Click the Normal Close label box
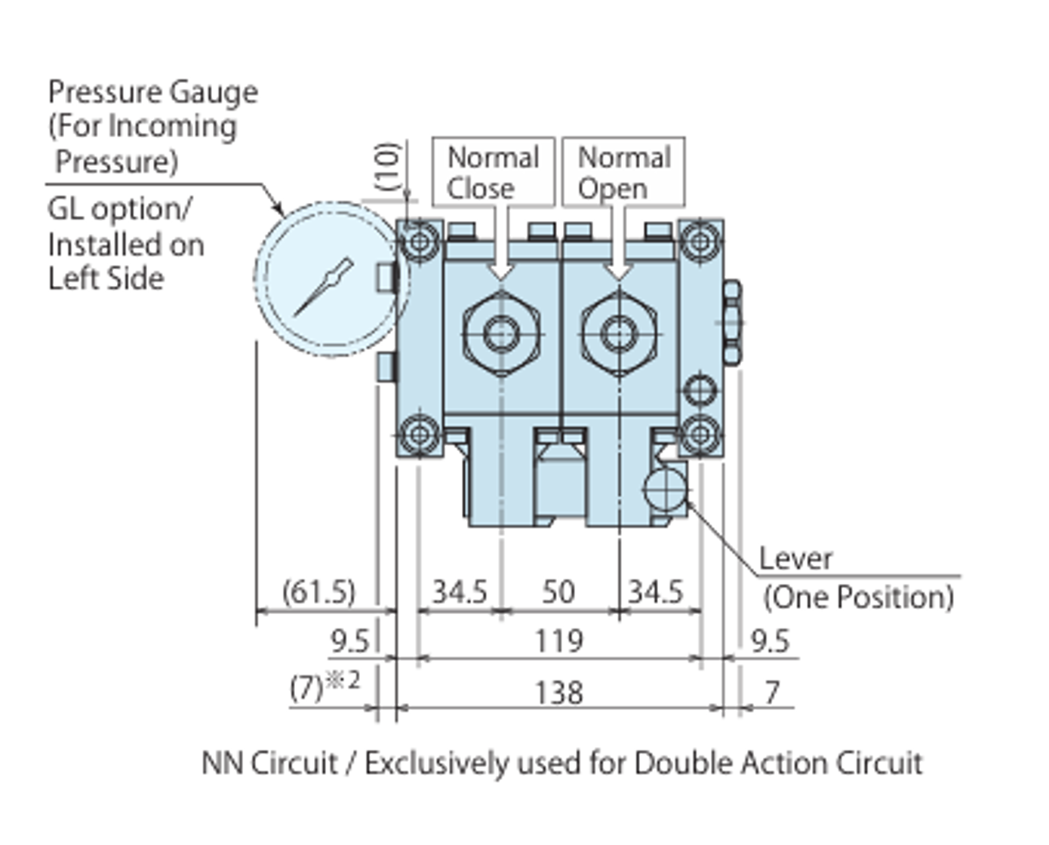click(x=493, y=172)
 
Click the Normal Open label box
click(x=623, y=172)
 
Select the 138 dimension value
click(x=558, y=693)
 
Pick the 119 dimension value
click(x=558, y=641)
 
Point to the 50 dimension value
click(x=558, y=591)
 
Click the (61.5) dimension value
click(x=318, y=591)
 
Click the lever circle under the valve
click(x=665, y=489)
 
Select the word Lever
click(x=795, y=559)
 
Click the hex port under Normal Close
click(x=502, y=333)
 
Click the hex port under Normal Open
click(x=620, y=333)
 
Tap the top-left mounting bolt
click(x=420, y=242)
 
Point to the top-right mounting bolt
click(x=700, y=241)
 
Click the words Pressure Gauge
click(x=152, y=92)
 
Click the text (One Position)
click(x=858, y=598)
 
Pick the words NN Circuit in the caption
click(x=269, y=763)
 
